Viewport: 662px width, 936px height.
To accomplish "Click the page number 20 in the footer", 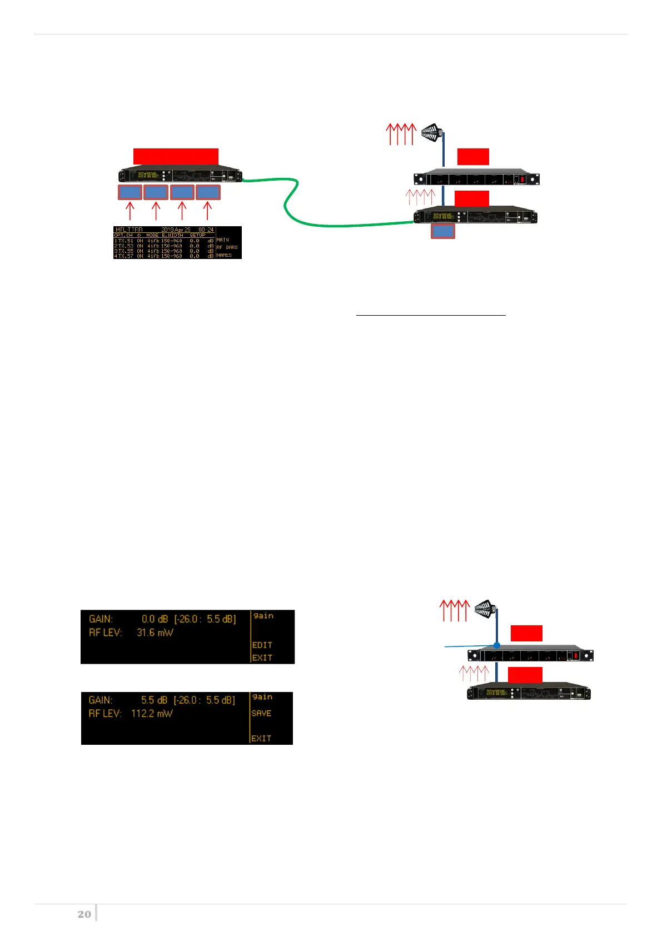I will [x=84, y=914].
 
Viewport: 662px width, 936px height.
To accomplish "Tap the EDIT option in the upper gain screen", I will [x=262, y=645].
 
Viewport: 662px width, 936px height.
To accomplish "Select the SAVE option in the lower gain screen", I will [x=262, y=713].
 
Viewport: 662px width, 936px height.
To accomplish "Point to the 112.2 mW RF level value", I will [x=152, y=713].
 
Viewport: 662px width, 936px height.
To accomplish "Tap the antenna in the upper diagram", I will [x=431, y=133].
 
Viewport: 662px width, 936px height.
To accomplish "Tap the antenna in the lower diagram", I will [x=485, y=609].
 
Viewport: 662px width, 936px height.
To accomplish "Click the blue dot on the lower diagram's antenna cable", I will [x=497, y=645].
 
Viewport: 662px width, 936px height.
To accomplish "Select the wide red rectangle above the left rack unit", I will [x=176, y=156].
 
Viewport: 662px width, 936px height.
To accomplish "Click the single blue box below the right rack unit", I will [x=443, y=231].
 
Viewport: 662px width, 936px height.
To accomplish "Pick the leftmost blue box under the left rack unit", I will [x=130, y=192].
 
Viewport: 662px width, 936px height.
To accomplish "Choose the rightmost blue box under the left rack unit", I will [x=208, y=192].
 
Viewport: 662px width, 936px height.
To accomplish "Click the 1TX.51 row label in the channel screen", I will [x=123, y=241].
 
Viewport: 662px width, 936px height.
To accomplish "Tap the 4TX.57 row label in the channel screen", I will [x=123, y=256].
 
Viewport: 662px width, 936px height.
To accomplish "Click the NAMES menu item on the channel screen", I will [x=224, y=255].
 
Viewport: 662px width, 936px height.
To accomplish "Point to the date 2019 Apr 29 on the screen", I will [x=176, y=230].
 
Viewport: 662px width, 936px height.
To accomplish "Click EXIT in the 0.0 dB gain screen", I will [x=262, y=658].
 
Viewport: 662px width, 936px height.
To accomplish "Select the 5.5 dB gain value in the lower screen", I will [x=155, y=700].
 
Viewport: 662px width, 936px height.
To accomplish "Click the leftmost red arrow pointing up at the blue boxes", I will [x=130, y=211].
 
